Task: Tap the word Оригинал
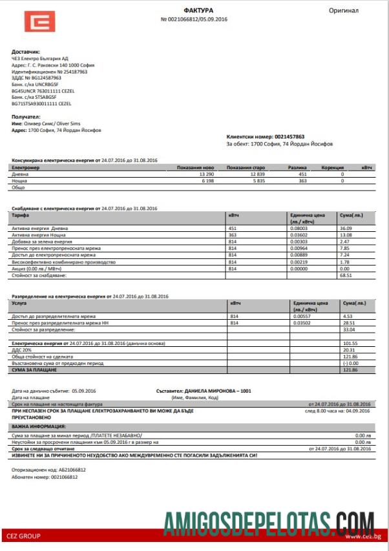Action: click(x=343, y=11)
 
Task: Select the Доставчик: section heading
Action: click(x=26, y=51)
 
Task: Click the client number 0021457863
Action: click(x=289, y=137)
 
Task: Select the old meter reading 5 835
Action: click(x=257, y=181)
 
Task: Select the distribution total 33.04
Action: click(x=348, y=329)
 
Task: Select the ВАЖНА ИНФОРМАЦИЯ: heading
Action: click(x=38, y=427)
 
